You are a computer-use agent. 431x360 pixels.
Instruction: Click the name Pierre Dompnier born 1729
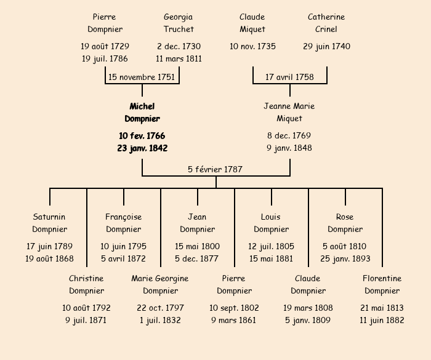click(x=105, y=23)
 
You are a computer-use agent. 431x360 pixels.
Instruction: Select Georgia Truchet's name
click(x=179, y=23)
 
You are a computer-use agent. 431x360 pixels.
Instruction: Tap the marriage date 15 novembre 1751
click(x=142, y=77)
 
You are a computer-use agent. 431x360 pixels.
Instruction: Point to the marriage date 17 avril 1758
click(x=289, y=77)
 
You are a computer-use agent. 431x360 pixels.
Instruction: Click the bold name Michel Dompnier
click(x=142, y=113)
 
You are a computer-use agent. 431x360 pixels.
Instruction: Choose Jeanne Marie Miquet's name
click(x=289, y=112)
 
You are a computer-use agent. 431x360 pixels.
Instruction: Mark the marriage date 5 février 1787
click(x=216, y=169)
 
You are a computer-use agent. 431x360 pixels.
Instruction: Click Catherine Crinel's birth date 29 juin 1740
click(x=326, y=46)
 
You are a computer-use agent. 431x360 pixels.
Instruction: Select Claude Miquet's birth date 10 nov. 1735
click(x=252, y=46)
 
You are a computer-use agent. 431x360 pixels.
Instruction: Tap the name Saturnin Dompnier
click(x=49, y=223)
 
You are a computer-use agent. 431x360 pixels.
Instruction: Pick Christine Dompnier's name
click(x=86, y=284)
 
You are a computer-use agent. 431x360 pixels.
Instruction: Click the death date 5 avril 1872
click(x=123, y=258)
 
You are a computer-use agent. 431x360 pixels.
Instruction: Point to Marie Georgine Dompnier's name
click(x=160, y=284)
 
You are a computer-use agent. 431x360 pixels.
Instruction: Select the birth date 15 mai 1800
click(x=197, y=246)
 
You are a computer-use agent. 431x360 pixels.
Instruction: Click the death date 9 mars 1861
click(x=234, y=320)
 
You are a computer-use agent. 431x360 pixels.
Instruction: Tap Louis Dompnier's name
click(x=271, y=223)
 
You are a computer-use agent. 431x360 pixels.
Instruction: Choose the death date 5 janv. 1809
click(x=308, y=320)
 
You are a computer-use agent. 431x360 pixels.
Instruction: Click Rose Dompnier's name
click(x=345, y=223)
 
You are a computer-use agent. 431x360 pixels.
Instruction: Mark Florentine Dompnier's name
click(x=382, y=284)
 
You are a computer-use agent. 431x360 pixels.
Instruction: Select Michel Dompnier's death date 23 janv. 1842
click(x=142, y=148)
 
